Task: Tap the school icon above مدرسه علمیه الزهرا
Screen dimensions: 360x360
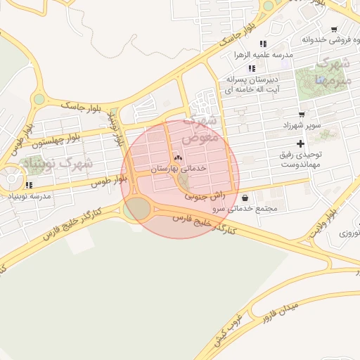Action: [x=263, y=44]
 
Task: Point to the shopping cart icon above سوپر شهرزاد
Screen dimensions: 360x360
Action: [x=302, y=114]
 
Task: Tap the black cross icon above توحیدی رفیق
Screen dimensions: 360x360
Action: [x=300, y=143]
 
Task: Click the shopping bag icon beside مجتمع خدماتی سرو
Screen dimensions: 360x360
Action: [x=244, y=198]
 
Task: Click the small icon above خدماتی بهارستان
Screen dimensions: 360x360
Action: [x=177, y=157]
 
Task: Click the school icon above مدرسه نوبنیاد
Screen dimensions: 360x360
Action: [x=27, y=185]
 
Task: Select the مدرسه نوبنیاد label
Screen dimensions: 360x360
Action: [x=30, y=196]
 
